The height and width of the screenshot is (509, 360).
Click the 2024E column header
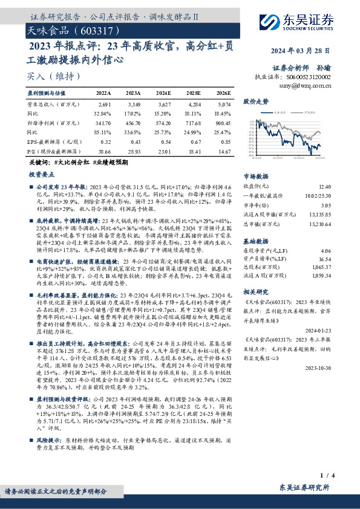point(164,92)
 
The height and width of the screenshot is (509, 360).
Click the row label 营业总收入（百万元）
point(50,105)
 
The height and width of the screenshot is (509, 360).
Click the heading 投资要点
point(41,173)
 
